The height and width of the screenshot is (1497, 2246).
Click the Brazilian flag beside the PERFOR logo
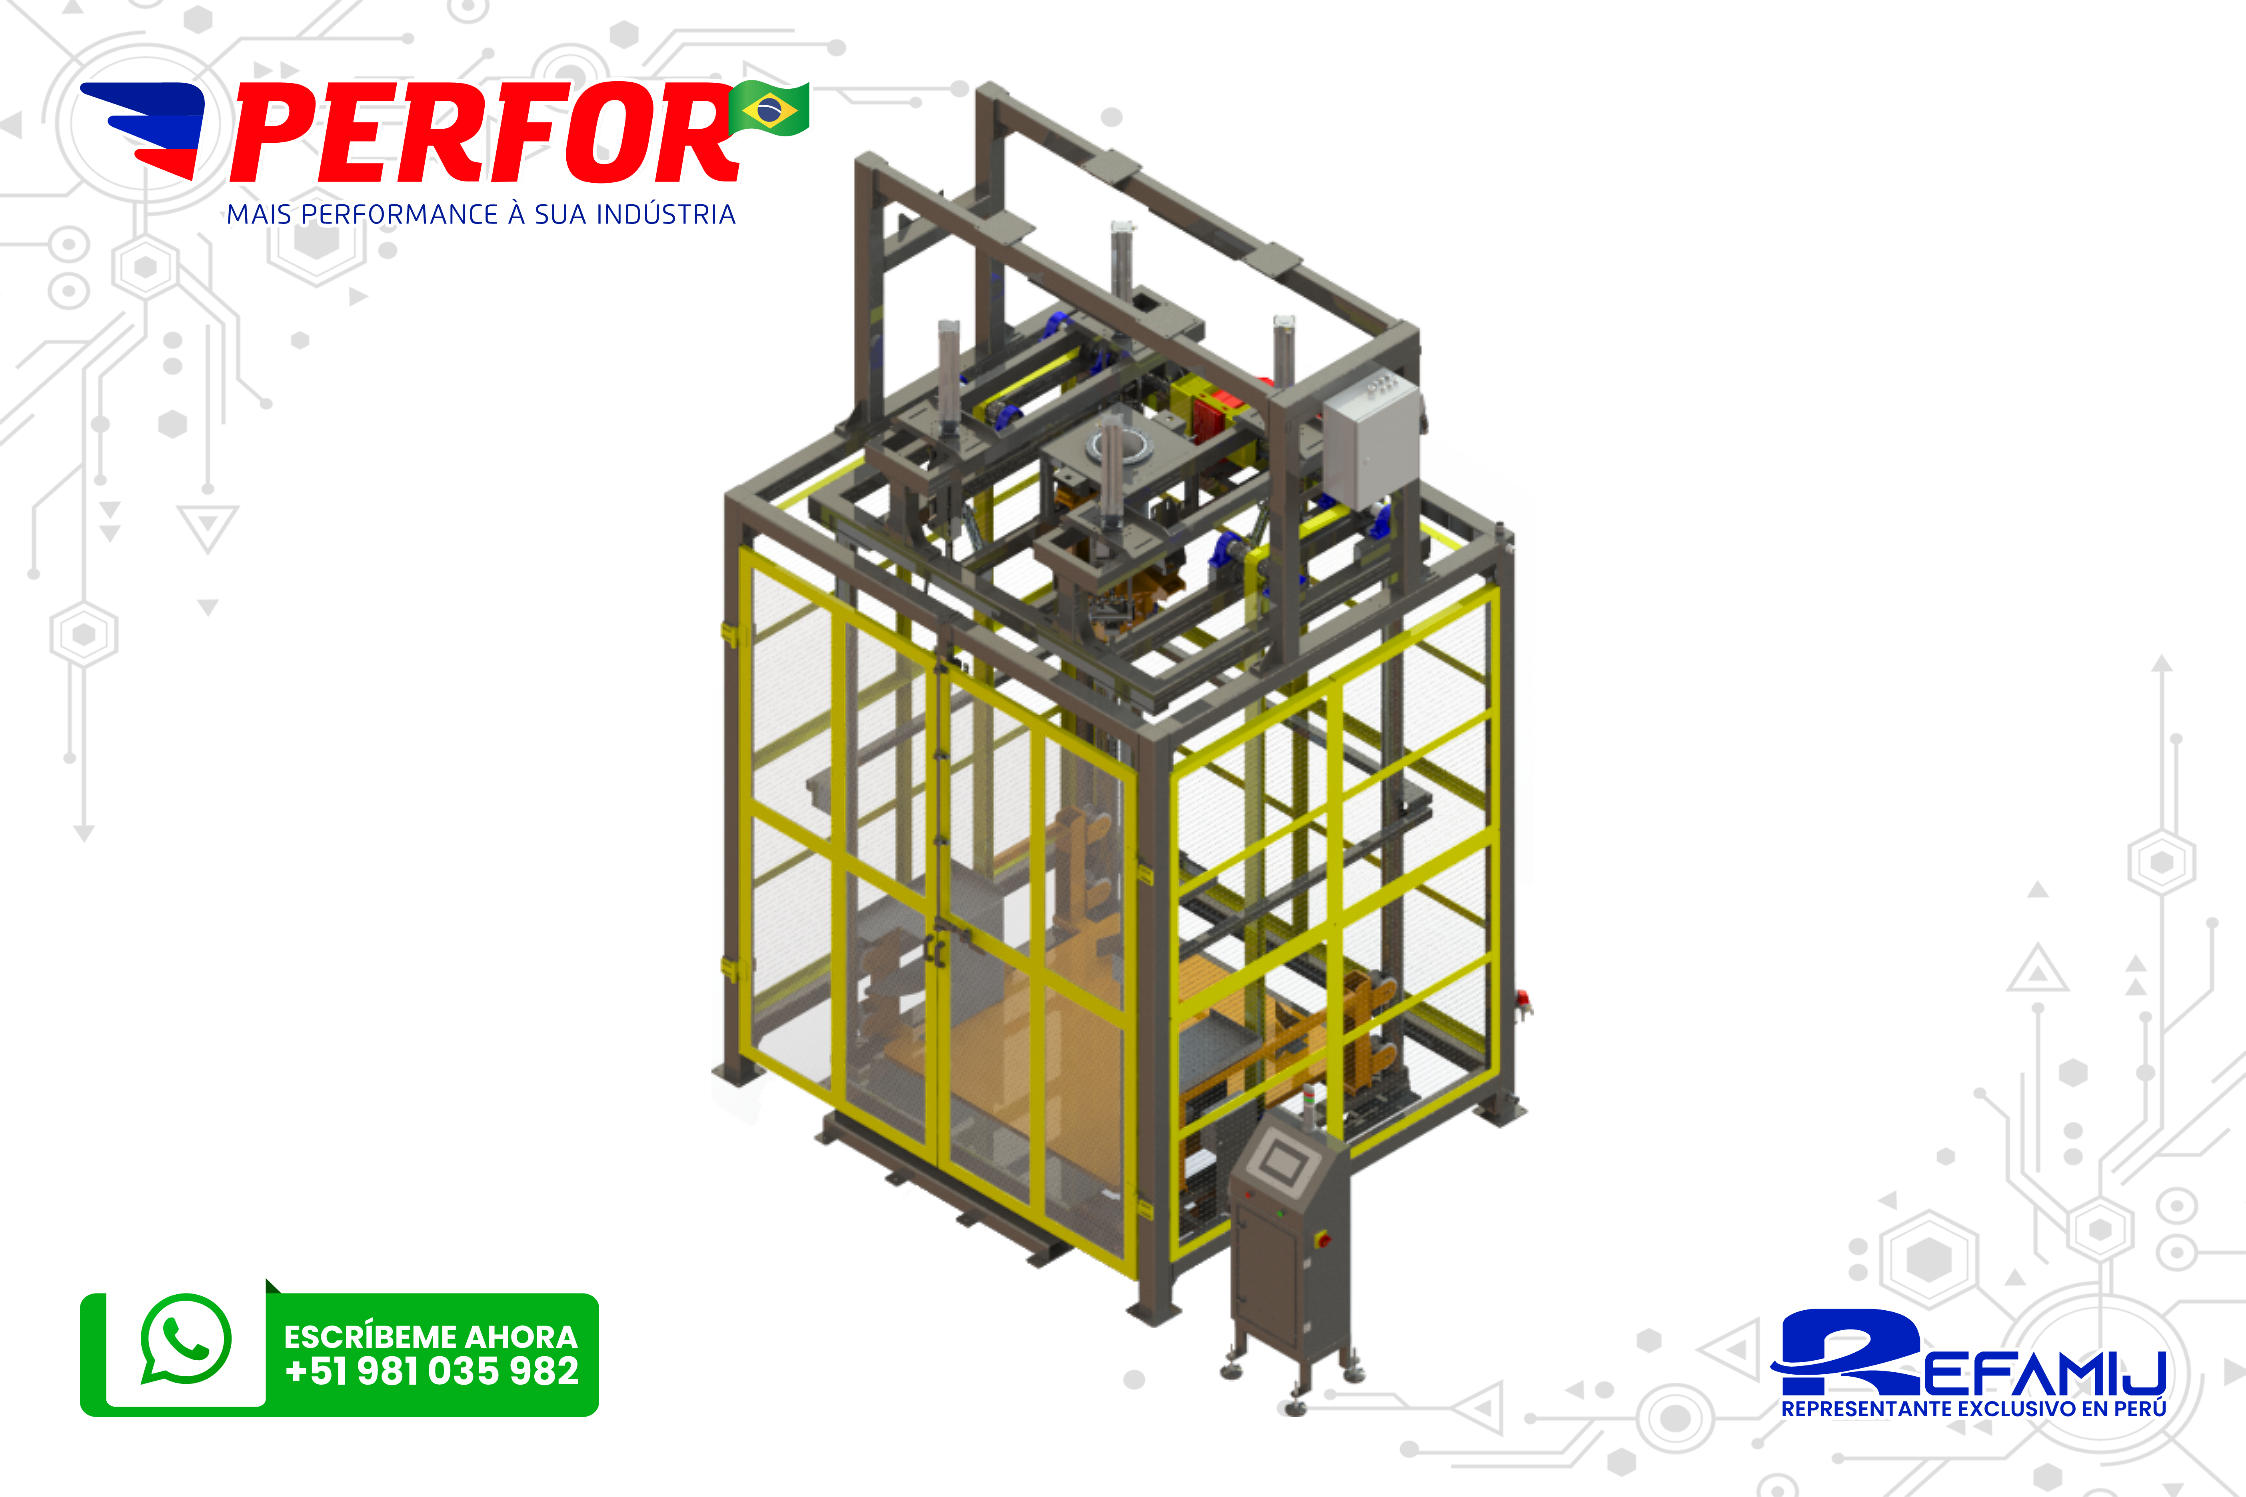(770, 109)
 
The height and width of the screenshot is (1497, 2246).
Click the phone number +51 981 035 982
(432, 1371)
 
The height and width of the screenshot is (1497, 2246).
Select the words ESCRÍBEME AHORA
(431, 1335)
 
